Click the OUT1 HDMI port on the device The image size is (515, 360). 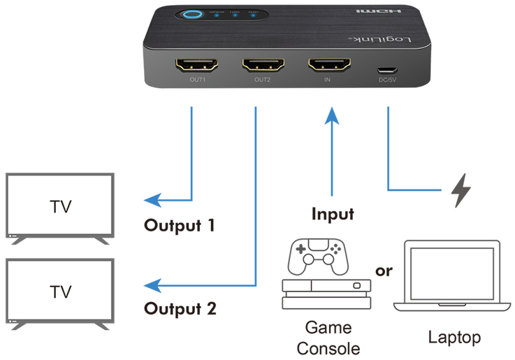[196, 66]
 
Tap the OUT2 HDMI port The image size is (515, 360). [262, 66]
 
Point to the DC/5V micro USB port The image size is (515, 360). [387, 70]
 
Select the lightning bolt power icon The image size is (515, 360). [460, 189]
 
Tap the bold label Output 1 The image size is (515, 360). [180, 226]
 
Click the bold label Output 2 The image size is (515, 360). [180, 308]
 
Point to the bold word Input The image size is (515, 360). [333, 214]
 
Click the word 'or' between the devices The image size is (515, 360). [384, 270]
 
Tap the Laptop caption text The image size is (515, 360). [454, 338]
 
